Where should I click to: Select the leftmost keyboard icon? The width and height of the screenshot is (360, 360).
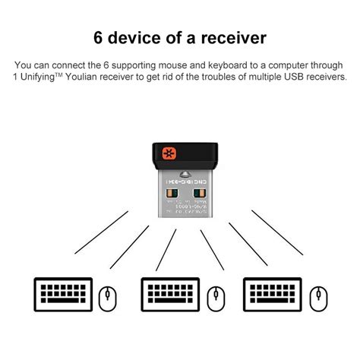[62, 294]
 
